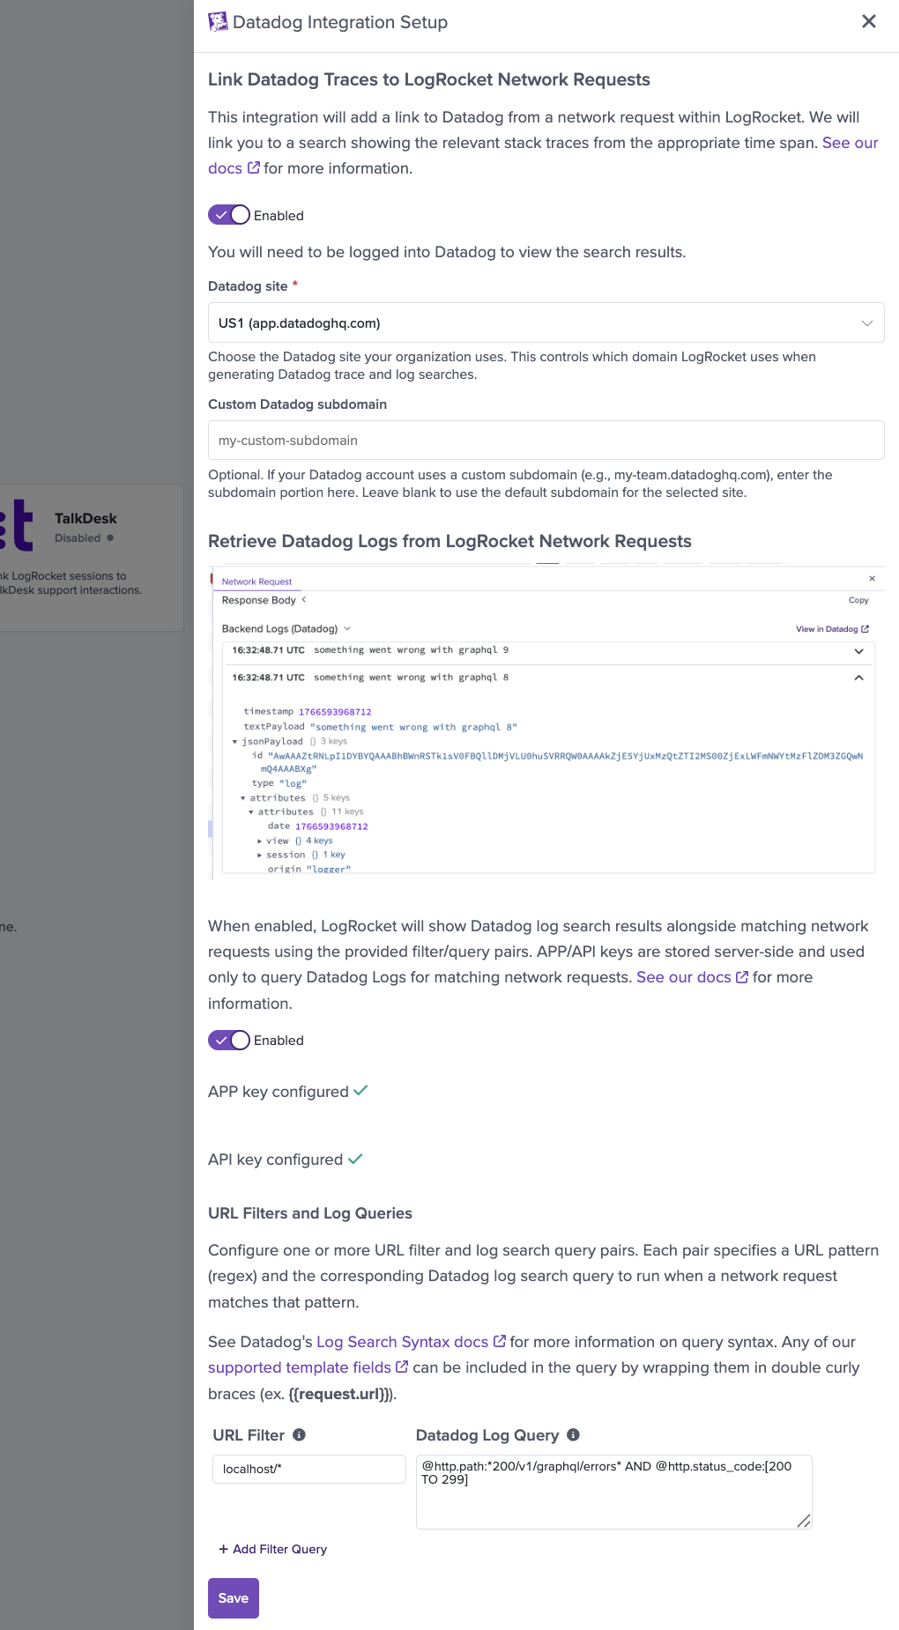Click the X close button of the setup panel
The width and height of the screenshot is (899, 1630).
tap(868, 21)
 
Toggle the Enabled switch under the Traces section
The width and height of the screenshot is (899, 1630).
tap(229, 215)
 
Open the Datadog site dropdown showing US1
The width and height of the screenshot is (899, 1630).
tap(546, 323)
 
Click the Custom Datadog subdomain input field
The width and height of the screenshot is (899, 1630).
tap(546, 441)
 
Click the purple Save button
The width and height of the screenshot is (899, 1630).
tap(234, 1598)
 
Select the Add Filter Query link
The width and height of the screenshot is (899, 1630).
tap(273, 1549)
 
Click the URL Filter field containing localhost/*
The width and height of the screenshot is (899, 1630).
tap(308, 1469)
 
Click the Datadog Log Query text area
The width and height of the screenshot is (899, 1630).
tap(613, 1492)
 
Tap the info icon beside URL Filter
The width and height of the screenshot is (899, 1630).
tap(300, 1435)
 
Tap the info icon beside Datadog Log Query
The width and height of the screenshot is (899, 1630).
tap(573, 1435)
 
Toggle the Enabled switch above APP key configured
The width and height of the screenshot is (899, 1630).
tap(229, 1040)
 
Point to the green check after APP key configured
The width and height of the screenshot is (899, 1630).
tap(360, 1091)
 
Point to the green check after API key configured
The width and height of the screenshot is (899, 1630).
tap(355, 1160)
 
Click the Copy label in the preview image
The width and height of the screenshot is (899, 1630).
tap(858, 600)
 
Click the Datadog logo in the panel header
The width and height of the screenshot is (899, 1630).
tap(218, 22)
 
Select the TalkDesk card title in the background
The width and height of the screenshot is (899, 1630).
tap(85, 519)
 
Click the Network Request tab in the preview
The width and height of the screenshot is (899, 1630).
tap(256, 582)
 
